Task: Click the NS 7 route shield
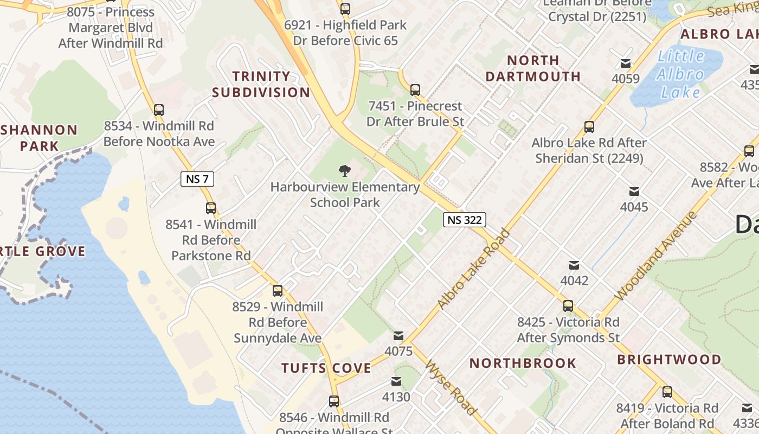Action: tap(197, 178)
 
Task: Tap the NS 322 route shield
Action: tap(465, 220)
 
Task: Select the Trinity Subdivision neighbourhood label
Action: tap(261, 84)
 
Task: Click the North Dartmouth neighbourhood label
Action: tap(533, 68)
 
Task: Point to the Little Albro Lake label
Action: tap(681, 74)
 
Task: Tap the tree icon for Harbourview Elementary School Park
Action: tap(344, 171)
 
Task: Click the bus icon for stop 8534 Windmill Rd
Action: tap(159, 110)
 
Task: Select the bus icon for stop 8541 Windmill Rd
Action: tap(211, 208)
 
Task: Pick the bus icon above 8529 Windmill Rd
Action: tap(278, 291)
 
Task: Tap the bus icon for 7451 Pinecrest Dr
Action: tap(415, 90)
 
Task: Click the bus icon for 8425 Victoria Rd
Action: tap(568, 306)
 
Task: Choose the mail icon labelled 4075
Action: tap(398, 336)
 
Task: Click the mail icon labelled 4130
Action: tap(396, 381)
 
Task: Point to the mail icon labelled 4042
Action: tap(574, 265)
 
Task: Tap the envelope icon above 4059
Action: tap(626, 63)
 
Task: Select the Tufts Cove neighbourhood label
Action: tap(326, 368)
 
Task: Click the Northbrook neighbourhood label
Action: tap(523, 363)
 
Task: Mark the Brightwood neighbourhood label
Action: tap(669, 360)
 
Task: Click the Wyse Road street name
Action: tap(451, 387)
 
